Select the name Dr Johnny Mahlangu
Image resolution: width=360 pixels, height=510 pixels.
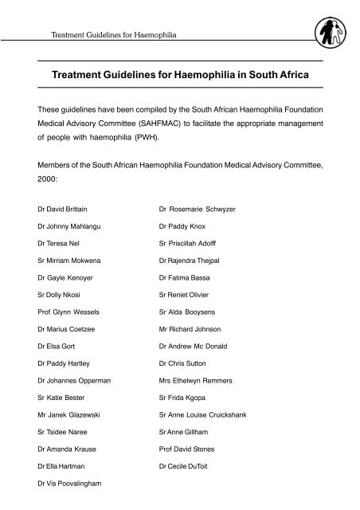click(68, 227)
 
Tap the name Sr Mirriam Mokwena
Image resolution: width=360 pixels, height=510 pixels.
click(68, 261)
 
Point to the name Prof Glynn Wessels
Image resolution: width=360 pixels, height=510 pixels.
click(69, 312)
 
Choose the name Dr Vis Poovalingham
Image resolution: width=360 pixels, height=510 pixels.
click(71, 483)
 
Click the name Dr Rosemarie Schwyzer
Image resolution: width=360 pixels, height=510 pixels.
click(197, 209)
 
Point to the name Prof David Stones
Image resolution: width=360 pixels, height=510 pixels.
click(186, 449)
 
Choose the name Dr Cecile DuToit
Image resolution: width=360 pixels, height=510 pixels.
click(185, 465)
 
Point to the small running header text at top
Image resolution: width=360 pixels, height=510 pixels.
click(112, 36)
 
